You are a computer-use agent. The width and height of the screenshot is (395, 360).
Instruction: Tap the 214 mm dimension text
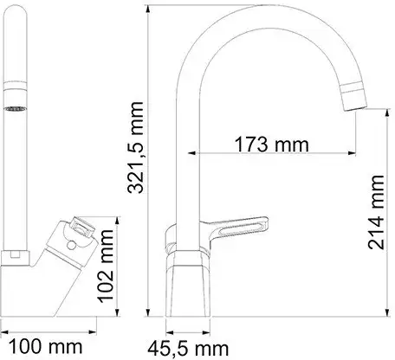pyautogui.click(x=376, y=209)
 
